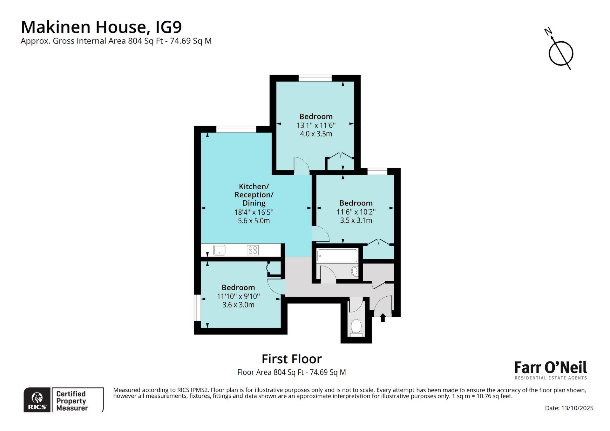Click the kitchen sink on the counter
pos(219,250)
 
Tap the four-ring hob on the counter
pos(253,250)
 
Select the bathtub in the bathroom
pos(337,256)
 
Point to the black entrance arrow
pos(383,317)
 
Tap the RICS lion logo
pos(37,400)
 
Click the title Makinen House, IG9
pos(101,27)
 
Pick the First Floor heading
pos(292,359)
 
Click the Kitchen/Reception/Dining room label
pos(254,194)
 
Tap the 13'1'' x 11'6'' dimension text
pos(316,125)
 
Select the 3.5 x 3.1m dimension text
pos(356,220)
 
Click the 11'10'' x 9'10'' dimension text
pos(238,296)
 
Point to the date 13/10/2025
pos(569,408)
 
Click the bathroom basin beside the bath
pos(355,271)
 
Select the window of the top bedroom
pos(315,78)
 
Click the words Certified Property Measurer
pos(72,401)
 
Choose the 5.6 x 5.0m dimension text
pos(254,221)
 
